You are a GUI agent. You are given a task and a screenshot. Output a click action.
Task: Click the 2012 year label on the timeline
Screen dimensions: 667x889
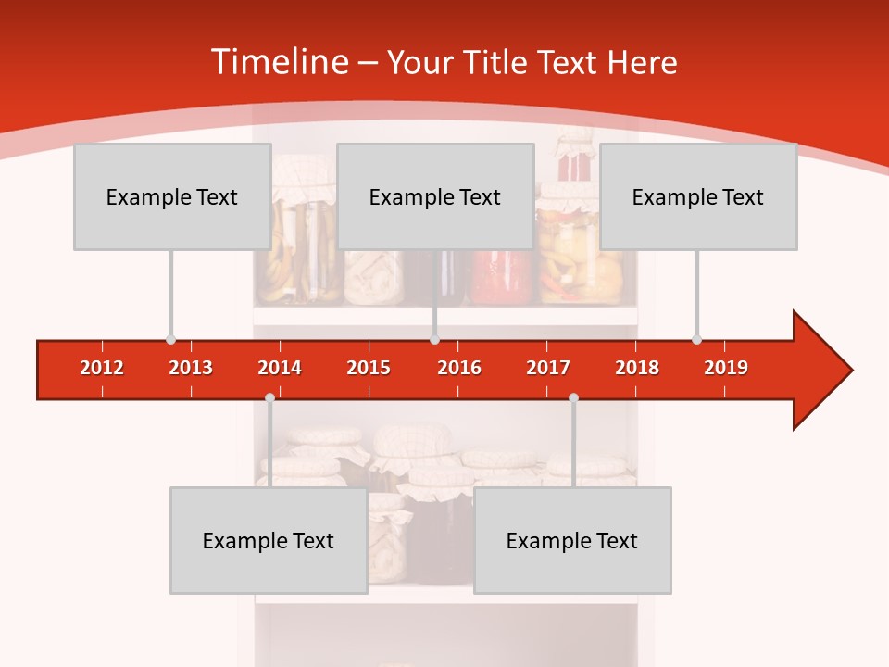(x=102, y=368)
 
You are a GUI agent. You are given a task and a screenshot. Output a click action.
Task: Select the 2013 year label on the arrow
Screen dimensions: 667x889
(x=191, y=368)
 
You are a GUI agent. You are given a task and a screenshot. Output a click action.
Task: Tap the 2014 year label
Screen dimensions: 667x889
(x=280, y=368)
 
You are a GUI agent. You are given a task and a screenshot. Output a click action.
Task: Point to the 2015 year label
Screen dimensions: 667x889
(x=369, y=368)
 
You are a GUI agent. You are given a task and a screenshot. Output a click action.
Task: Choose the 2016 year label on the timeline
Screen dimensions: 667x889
(x=459, y=368)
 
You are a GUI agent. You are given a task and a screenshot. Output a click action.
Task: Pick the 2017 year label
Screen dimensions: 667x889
(x=548, y=368)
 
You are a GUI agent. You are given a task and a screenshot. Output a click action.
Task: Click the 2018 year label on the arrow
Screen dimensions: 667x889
(x=637, y=368)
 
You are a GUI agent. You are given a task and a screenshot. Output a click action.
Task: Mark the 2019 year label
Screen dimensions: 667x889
(x=726, y=368)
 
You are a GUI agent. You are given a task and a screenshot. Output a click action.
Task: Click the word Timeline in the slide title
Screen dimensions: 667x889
(x=278, y=62)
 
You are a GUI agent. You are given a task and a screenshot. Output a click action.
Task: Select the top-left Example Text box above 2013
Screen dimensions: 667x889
(x=172, y=196)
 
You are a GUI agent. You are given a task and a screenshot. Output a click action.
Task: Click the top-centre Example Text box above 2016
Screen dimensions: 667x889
(x=435, y=196)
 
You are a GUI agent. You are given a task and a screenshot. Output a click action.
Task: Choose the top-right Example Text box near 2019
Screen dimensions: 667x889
(x=698, y=196)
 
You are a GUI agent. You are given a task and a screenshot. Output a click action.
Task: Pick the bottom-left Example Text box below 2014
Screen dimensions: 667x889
(x=269, y=541)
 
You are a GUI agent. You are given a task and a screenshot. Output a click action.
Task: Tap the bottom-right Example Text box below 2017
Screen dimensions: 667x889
(x=572, y=541)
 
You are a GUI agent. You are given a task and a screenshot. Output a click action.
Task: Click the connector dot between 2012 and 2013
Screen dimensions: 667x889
(x=170, y=339)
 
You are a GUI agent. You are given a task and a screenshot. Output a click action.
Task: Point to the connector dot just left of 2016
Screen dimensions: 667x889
(x=434, y=339)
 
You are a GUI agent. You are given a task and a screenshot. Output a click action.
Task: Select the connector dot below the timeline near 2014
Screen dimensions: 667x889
(x=269, y=397)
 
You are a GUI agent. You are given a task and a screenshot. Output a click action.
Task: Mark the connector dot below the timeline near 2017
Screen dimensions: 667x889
(x=573, y=397)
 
